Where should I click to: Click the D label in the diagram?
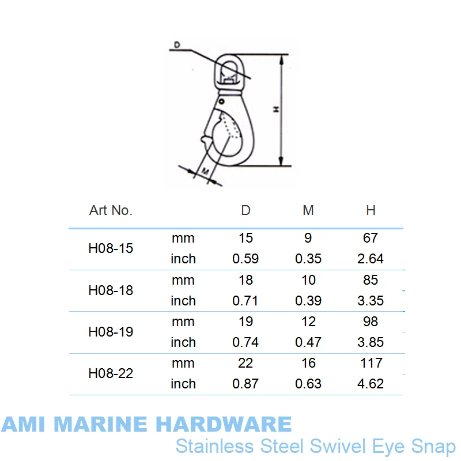(x=176, y=45)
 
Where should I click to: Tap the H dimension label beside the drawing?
(x=277, y=109)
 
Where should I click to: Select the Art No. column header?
(x=111, y=210)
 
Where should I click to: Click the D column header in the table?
(x=246, y=210)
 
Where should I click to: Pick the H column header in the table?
(x=371, y=210)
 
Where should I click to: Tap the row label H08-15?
(x=111, y=248)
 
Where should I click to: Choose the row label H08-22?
(x=111, y=373)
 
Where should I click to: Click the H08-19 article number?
(x=111, y=332)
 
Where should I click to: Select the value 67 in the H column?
(x=371, y=238)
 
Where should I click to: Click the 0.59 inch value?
(x=246, y=259)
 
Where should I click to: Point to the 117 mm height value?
(x=371, y=363)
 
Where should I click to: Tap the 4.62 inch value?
(x=371, y=384)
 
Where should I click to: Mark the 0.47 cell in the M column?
(x=308, y=342)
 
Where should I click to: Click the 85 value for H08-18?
(x=371, y=280)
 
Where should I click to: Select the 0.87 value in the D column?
(x=246, y=384)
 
